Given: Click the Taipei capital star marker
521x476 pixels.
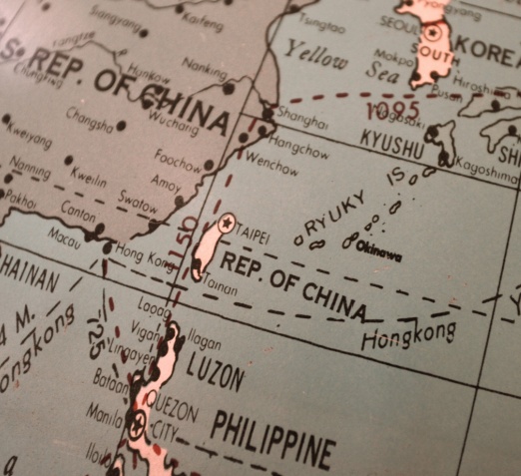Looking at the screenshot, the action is [227, 224].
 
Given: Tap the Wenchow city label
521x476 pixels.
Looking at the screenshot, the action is [270, 162].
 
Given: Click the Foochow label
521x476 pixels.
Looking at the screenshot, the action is [178, 156].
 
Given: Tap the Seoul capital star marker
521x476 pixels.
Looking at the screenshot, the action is [431, 32].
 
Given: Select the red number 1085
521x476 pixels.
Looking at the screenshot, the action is [392, 109].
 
